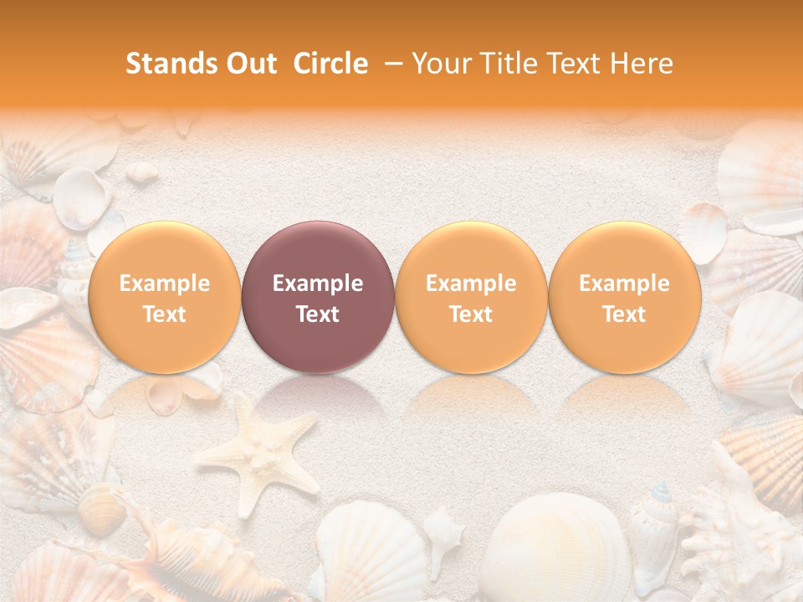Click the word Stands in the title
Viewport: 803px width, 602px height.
(x=170, y=64)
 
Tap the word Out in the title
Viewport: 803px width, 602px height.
(x=249, y=64)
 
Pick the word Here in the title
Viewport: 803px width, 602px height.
(x=642, y=64)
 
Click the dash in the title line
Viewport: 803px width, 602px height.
(x=391, y=64)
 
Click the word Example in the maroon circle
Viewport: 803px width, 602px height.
(x=318, y=283)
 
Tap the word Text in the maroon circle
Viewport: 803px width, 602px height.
(x=318, y=314)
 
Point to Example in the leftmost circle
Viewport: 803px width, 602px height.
(x=164, y=283)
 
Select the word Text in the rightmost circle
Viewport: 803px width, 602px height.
(x=624, y=314)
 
